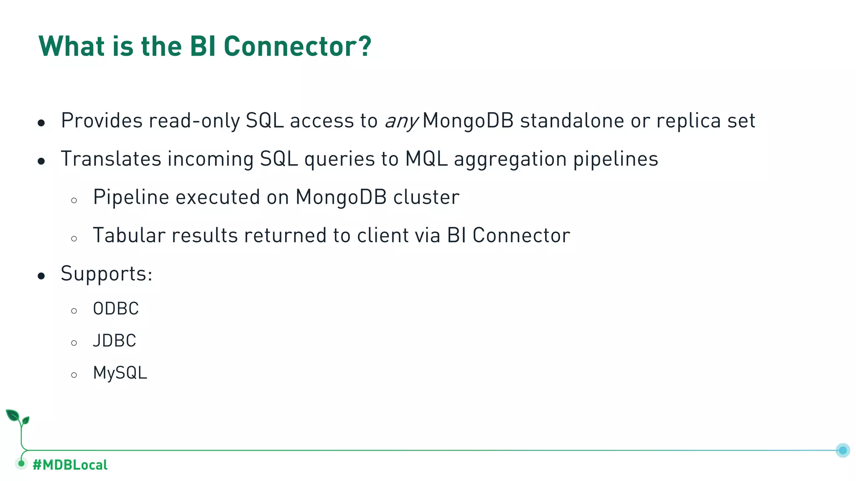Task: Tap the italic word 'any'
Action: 401,122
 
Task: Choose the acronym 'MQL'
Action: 426,159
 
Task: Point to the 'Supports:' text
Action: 107,274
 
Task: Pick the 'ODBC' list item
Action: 116,309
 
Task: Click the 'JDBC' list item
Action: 115,341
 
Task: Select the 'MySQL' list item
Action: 120,373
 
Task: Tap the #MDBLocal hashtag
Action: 70,465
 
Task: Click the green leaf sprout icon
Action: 17,418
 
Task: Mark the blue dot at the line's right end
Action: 843,450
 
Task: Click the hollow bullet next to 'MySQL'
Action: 74,375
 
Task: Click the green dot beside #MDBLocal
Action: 21,463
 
